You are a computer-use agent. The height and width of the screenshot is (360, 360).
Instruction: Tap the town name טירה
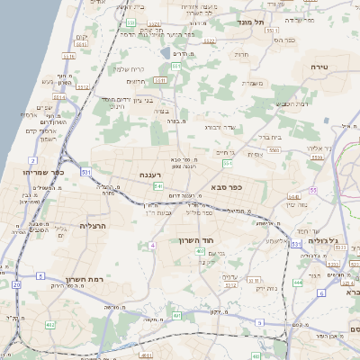tap(319, 67)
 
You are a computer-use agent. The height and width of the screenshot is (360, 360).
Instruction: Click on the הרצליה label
tap(93, 225)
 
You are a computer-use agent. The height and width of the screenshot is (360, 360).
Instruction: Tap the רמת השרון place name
tap(89, 279)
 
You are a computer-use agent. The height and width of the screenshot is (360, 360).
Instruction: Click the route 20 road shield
tap(16, 284)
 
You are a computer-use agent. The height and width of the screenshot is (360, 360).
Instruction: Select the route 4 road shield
tap(153, 245)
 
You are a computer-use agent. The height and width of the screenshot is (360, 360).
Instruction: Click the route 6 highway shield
tap(321, 292)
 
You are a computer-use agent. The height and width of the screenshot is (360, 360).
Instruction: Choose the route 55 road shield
tap(314, 191)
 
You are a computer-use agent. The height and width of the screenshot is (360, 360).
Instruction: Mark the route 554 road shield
tap(229, 164)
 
